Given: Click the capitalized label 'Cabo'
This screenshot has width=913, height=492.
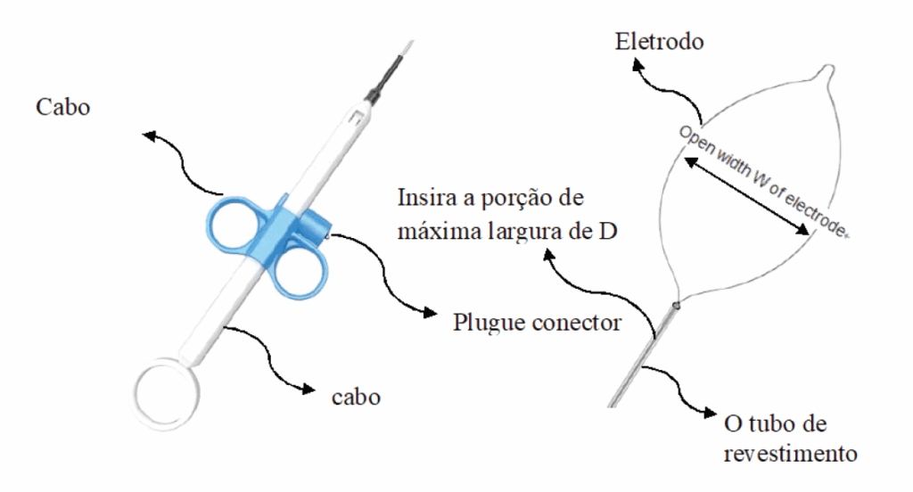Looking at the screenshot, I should (63, 107).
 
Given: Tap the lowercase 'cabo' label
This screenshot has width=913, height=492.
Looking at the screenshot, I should (356, 397).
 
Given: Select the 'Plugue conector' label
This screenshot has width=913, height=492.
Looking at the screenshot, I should (537, 321).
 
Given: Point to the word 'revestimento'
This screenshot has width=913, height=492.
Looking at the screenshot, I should (791, 453).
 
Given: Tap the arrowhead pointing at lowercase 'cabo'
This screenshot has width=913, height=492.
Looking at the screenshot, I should (308, 389).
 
